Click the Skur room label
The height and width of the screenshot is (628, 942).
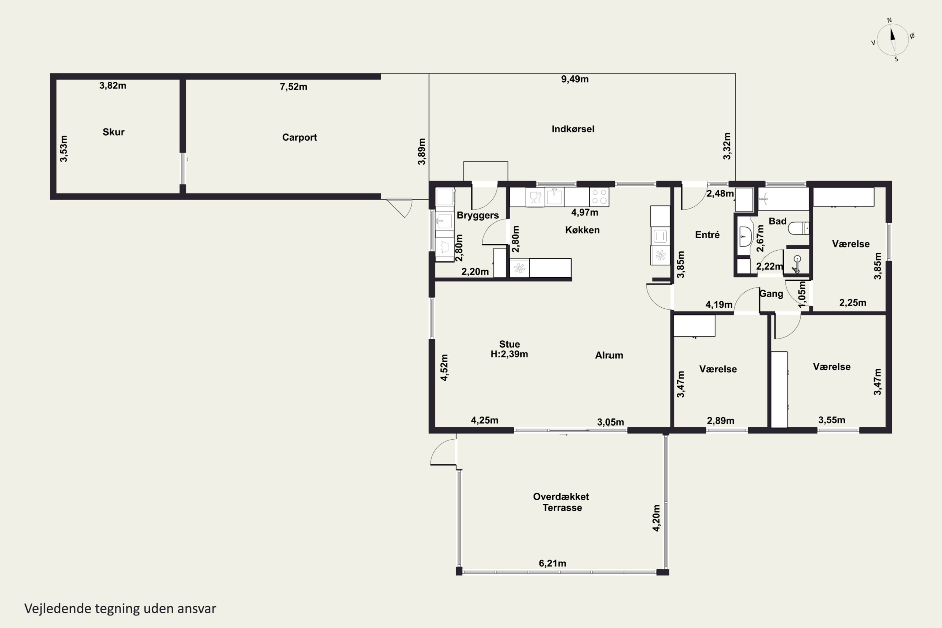113,132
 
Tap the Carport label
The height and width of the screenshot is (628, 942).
300,138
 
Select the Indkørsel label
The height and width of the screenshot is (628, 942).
573,129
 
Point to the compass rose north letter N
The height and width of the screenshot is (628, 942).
890,20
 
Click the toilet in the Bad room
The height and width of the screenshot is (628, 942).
799,228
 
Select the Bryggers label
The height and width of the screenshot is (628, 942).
478,215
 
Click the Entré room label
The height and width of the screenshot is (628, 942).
707,235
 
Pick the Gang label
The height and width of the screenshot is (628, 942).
771,294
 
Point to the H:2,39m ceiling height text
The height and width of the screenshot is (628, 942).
509,355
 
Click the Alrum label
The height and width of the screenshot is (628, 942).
609,355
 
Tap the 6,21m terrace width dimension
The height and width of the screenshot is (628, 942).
552,564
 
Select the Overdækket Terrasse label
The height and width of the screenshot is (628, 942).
561,502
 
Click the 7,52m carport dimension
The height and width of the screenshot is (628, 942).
294,87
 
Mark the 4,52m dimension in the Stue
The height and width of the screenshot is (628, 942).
444,368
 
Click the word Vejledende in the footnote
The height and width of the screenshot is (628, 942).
58,609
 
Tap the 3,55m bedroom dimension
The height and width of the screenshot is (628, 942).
832,420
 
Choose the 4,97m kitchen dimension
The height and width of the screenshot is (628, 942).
585,213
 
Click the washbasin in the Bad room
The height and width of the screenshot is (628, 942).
745,236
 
